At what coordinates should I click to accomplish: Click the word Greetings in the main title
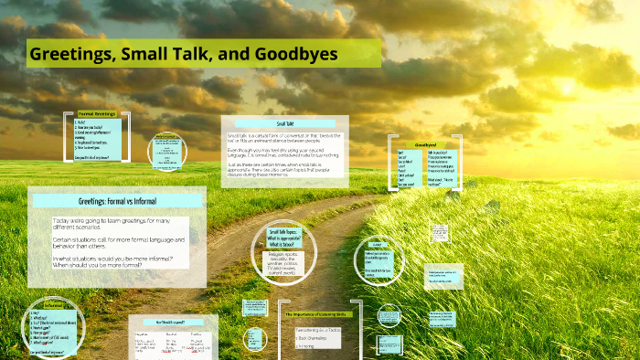(x=71, y=54)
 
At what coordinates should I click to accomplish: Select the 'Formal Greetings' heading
(x=97, y=114)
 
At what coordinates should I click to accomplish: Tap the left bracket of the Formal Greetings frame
(x=67, y=137)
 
